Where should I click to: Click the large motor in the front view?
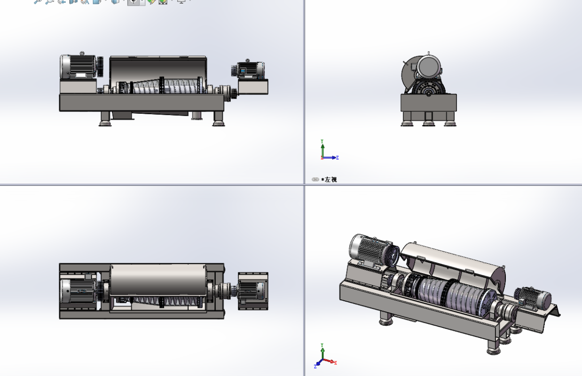pos(78,67)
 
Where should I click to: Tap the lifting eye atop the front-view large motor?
pos(82,54)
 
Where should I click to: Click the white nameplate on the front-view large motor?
pos(80,75)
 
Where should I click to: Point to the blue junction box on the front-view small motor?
pos(243,70)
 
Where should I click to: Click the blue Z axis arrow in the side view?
pos(332,157)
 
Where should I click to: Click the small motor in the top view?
pos(253,290)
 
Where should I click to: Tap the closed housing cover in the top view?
pos(158,280)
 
